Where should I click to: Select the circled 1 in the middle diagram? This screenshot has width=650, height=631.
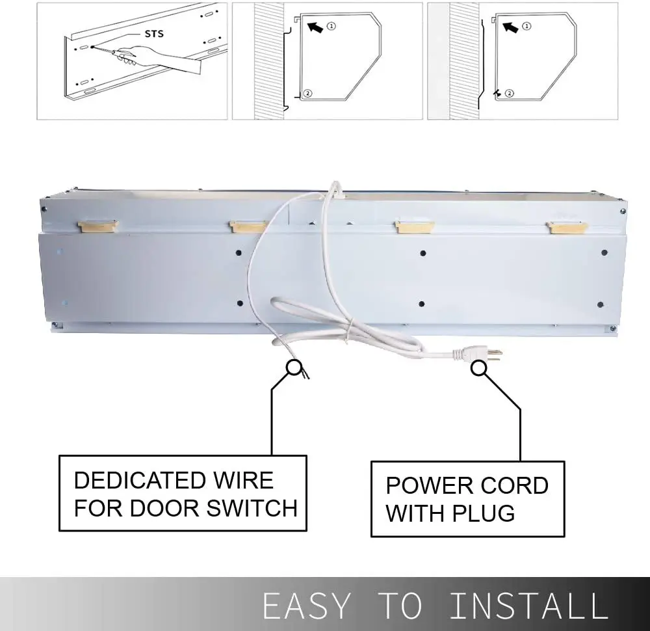pyautogui.click(x=331, y=26)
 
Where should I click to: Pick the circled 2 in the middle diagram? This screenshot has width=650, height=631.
pyautogui.click(x=307, y=93)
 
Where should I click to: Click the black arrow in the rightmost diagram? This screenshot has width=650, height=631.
pyautogui.click(x=510, y=27)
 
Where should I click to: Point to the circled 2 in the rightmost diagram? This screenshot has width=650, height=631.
pyautogui.click(x=509, y=93)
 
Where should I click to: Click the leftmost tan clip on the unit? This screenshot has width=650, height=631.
pyautogui.click(x=97, y=226)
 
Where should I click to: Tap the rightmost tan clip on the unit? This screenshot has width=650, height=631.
pyautogui.click(x=567, y=227)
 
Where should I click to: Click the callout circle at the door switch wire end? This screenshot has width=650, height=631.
pyautogui.click(x=294, y=369)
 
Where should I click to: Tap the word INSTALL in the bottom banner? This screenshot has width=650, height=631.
pyautogui.click(x=528, y=606)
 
